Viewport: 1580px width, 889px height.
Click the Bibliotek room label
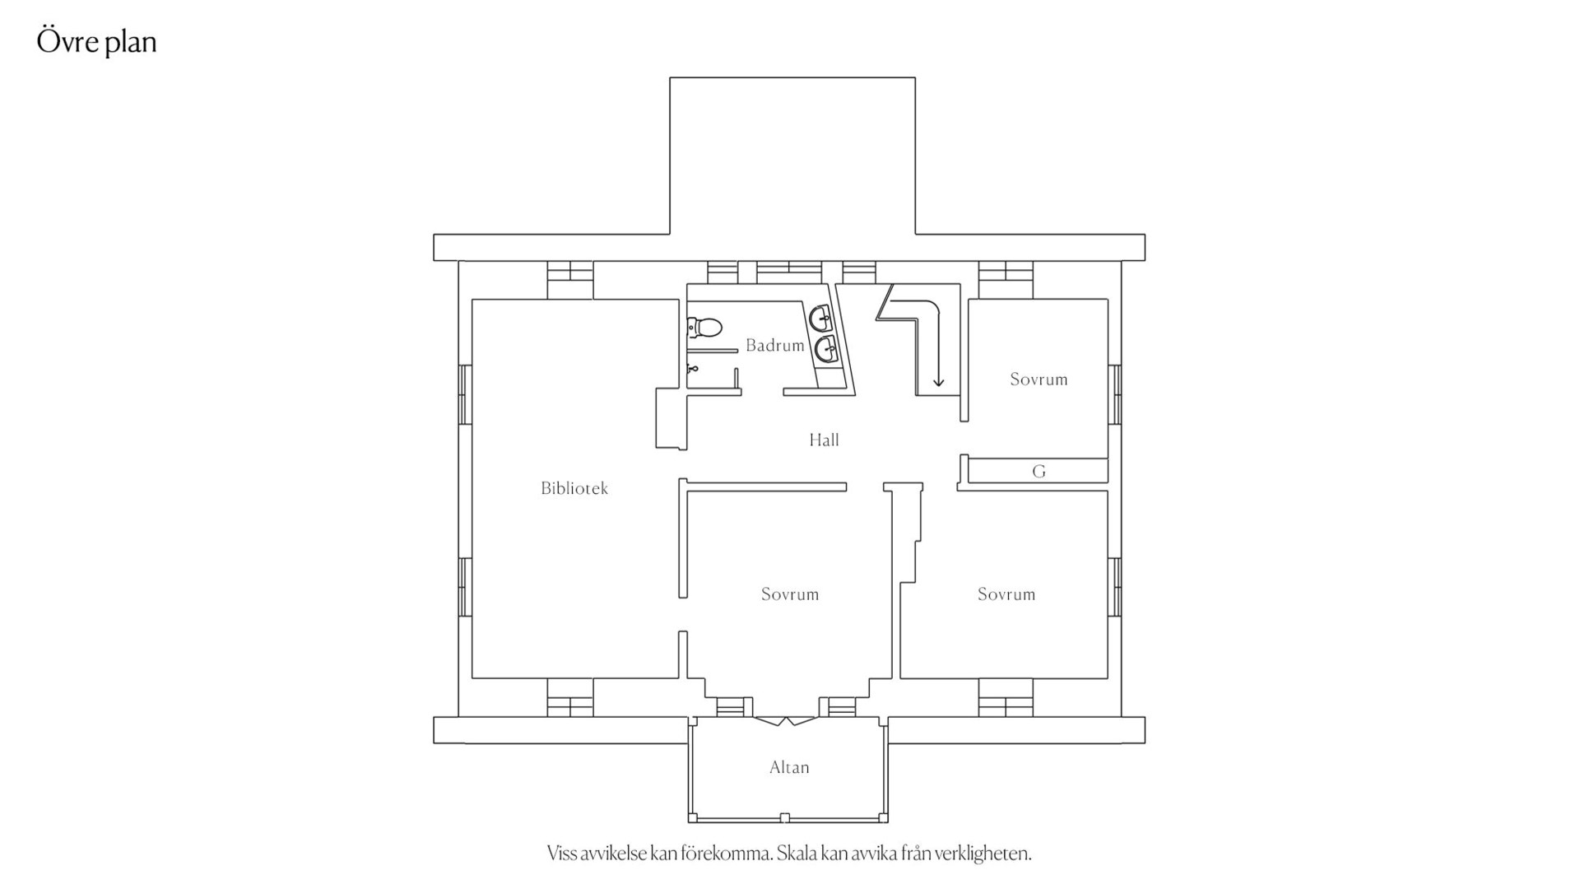(574, 488)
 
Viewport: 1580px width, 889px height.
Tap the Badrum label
(775, 346)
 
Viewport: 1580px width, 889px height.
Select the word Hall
(824, 440)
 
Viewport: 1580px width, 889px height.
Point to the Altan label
(789, 767)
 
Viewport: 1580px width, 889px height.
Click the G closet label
(1039, 472)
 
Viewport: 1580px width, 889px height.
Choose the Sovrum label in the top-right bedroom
(1039, 379)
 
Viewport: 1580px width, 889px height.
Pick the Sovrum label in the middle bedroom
(790, 594)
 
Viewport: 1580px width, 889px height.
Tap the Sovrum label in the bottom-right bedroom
(1006, 594)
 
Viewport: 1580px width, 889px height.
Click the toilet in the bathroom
(704, 328)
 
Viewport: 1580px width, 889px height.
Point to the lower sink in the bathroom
(827, 350)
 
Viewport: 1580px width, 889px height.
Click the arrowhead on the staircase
(938, 381)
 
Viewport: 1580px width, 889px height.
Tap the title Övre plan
(97, 42)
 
